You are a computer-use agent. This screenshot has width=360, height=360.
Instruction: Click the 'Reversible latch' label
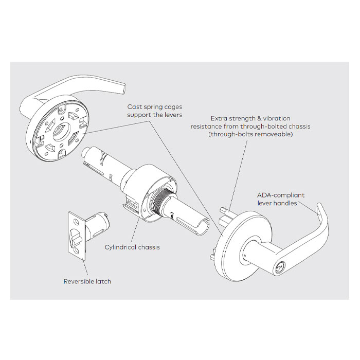coord(87,281)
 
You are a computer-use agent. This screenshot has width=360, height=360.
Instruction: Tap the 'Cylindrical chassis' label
coord(132,247)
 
